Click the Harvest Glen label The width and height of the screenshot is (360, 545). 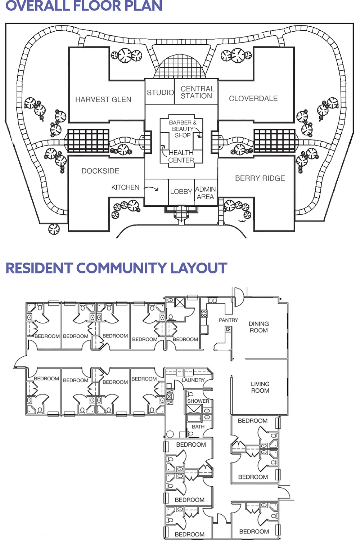(x=103, y=99)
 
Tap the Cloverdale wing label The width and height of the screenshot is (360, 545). (x=253, y=98)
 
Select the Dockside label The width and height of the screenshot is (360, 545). (x=100, y=171)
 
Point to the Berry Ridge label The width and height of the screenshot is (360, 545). (x=260, y=178)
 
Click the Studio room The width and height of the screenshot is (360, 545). (x=160, y=93)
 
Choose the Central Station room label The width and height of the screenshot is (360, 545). (x=197, y=92)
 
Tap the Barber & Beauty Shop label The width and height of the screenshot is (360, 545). (x=183, y=129)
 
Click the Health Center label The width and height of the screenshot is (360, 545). (x=181, y=156)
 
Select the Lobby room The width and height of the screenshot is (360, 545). (x=181, y=192)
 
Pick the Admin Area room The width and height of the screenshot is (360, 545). (x=206, y=193)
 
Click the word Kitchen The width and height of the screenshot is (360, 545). (x=125, y=187)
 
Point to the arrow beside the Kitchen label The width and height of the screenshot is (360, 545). (x=152, y=188)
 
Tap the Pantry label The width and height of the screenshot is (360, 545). (x=228, y=320)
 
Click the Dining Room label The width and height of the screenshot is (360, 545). (x=259, y=327)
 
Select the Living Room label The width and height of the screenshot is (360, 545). (x=260, y=387)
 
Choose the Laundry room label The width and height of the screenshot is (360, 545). (x=193, y=380)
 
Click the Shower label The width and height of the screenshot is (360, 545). (x=198, y=401)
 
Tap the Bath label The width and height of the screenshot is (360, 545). (x=198, y=426)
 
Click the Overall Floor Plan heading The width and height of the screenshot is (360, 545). (x=84, y=6)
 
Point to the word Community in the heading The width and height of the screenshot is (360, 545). (x=121, y=268)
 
